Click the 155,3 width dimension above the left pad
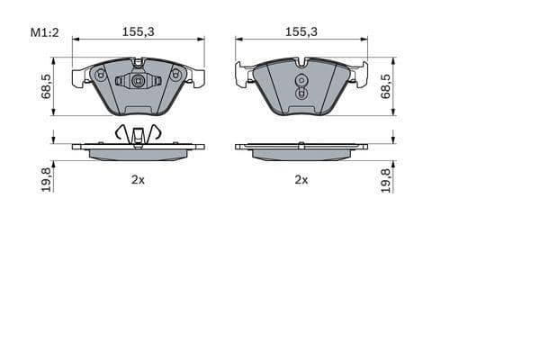tap(138, 31)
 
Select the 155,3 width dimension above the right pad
tap(301, 31)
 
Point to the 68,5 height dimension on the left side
tap(46, 86)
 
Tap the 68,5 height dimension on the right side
tap(385, 86)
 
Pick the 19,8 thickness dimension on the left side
tap(46, 179)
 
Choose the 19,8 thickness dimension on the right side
tap(385, 179)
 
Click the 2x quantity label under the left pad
tap(138, 180)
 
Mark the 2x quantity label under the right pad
tap(301, 180)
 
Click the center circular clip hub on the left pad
tap(138, 81)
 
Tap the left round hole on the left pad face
tap(100, 75)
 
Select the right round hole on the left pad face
tap(175, 75)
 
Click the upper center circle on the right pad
tap(301, 78)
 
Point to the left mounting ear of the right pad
tap(243, 75)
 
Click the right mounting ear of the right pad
tap(360, 75)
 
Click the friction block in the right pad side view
tap(301, 154)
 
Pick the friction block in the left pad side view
tap(138, 154)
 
